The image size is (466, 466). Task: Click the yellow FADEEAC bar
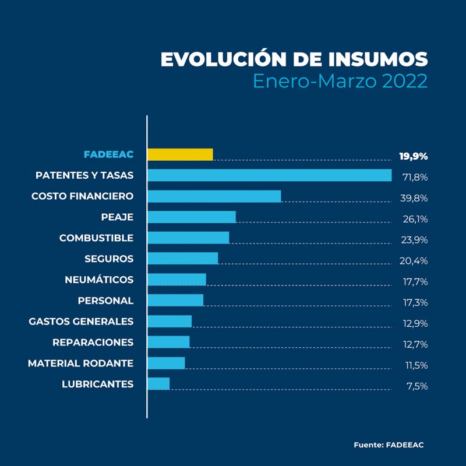coord(180,154)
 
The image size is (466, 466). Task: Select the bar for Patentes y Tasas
coord(269,175)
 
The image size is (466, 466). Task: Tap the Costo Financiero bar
coord(214,196)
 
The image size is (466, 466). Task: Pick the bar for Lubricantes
coord(158,383)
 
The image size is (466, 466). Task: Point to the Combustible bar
coord(188,238)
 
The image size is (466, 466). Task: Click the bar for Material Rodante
coord(166,363)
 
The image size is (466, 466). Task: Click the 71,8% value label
coord(415,177)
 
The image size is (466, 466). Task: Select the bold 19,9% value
coord(414,156)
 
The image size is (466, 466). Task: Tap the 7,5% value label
coord(417,386)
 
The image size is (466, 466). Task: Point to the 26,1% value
coord(415,219)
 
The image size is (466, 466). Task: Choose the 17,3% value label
coord(415,302)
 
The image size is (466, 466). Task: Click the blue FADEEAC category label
coord(108,154)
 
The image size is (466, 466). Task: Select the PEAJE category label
coord(117,217)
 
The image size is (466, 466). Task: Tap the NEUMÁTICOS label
coord(99,280)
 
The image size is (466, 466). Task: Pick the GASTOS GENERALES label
coord(81,322)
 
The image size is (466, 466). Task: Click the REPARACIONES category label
coord(93,343)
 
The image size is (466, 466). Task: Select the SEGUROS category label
coord(109,259)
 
